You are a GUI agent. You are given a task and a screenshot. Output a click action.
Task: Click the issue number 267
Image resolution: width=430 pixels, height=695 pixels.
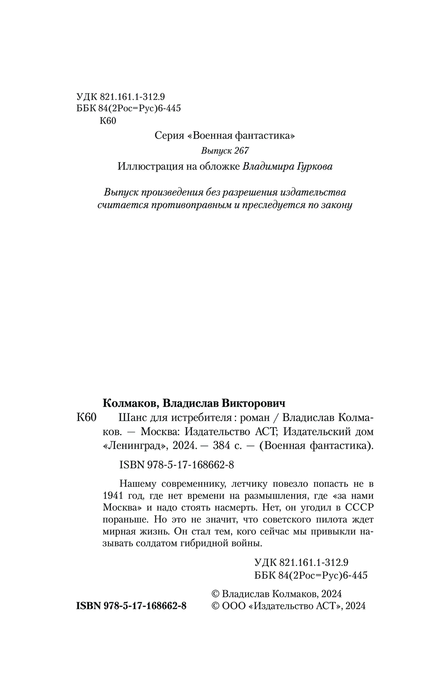[241, 151]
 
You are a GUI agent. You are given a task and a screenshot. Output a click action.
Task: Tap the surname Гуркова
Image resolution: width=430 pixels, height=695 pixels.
[312, 166]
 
